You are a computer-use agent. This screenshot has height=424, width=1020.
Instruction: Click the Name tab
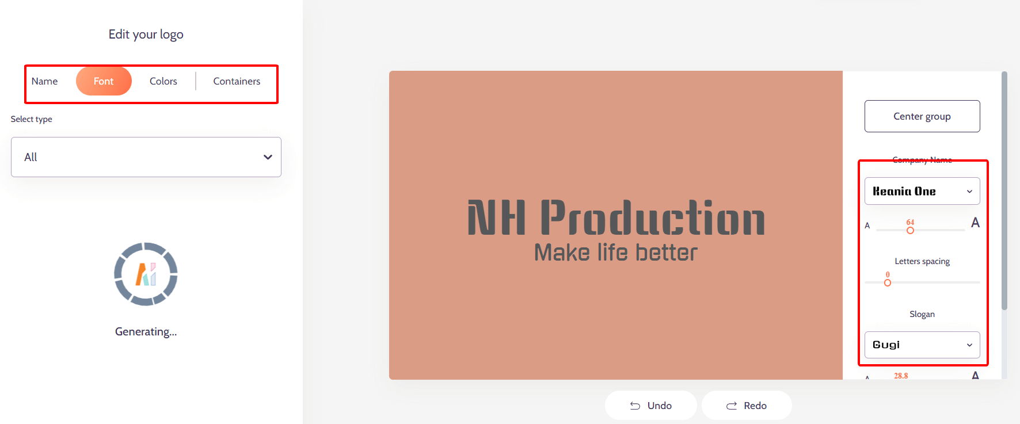tap(44, 81)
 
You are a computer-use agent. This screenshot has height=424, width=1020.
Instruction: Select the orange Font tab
tap(104, 81)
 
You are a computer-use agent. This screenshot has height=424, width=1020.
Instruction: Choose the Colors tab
tap(163, 81)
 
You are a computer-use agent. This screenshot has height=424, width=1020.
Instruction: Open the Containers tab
tap(237, 81)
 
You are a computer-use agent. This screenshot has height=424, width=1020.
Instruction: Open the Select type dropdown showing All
tap(146, 157)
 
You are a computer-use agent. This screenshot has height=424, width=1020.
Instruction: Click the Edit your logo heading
tap(146, 35)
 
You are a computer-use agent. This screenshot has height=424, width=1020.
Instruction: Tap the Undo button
tap(651, 406)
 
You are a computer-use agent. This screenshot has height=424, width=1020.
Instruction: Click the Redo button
tap(747, 406)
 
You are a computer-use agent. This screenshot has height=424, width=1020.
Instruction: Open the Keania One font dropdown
tap(922, 191)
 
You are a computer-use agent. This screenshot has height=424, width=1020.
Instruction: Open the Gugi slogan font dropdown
tap(922, 345)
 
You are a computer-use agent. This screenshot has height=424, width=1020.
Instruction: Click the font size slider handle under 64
tap(910, 230)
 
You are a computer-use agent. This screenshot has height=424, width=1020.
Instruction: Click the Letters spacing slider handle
tap(888, 282)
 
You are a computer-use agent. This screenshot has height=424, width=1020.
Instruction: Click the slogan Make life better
tap(616, 253)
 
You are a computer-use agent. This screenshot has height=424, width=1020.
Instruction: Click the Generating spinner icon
tap(146, 274)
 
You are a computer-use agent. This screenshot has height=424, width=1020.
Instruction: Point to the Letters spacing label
tap(922, 261)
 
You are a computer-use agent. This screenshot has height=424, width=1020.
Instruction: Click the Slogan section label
tap(922, 314)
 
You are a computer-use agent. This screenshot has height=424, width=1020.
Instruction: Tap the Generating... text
tap(146, 331)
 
